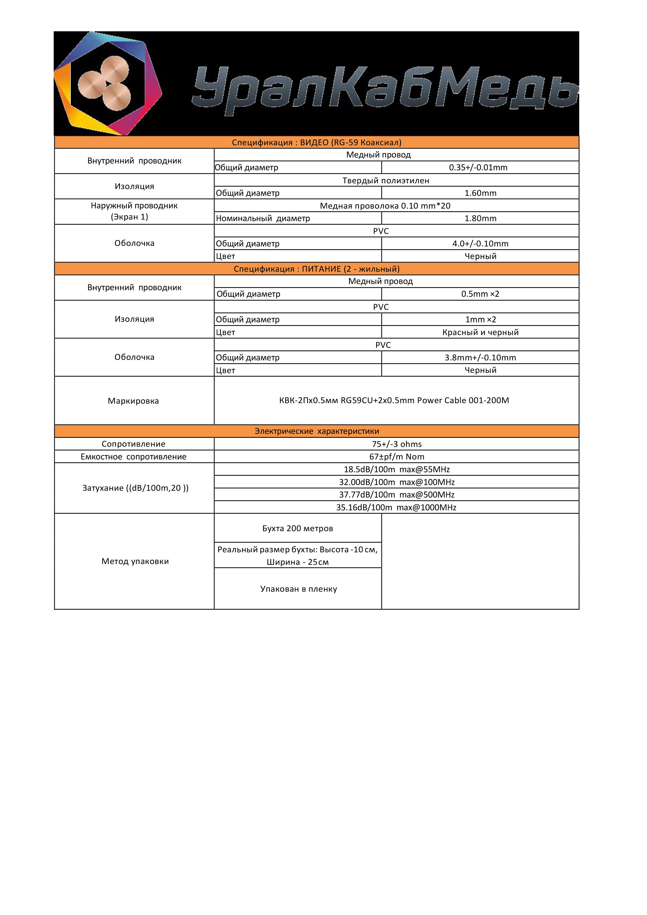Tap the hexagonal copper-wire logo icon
108,84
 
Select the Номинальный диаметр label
263,219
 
